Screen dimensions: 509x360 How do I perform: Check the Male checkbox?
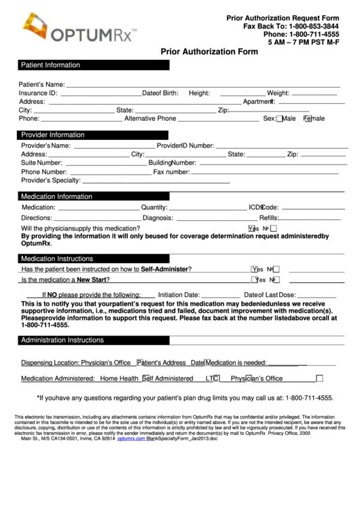pos(280,119)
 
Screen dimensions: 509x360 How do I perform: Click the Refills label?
pos(269,218)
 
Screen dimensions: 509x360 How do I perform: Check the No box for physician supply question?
pos(274,229)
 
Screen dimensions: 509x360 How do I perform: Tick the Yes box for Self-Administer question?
pos(255,269)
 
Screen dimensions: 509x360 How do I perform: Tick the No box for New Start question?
pos(275,280)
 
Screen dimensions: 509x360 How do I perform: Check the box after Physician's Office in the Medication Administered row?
pos(319,379)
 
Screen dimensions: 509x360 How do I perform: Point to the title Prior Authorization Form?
pos(209,51)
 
